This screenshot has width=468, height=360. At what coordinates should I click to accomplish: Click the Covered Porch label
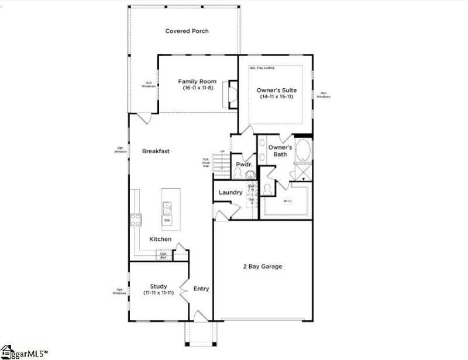pyautogui.click(x=187, y=31)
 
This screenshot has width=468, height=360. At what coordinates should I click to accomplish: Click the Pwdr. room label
pyautogui.click(x=243, y=165)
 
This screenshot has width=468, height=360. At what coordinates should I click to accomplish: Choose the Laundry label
pyautogui.click(x=230, y=192)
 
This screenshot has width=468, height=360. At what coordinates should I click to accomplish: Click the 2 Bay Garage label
pyautogui.click(x=263, y=266)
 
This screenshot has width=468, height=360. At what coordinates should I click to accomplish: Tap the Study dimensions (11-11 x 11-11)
pyautogui.click(x=159, y=293)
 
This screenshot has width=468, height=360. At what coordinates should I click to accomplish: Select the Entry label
pyautogui.click(x=201, y=289)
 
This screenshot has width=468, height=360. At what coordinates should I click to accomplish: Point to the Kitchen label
pyautogui.click(x=160, y=239)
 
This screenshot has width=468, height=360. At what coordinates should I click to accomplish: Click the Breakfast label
pyautogui.click(x=156, y=151)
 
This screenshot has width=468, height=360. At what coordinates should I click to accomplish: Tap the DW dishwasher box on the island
pyautogui.click(x=167, y=220)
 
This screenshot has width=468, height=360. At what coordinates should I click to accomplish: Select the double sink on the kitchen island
pyautogui.click(x=167, y=207)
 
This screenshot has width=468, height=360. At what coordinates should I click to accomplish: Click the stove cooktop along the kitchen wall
pyautogui.click(x=135, y=220)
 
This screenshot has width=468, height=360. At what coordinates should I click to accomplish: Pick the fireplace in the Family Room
pyautogui.click(x=232, y=93)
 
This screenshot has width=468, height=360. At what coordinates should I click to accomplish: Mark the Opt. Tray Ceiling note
pyautogui.click(x=261, y=68)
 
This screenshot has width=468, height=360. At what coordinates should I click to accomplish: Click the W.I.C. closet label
pyautogui.click(x=288, y=202)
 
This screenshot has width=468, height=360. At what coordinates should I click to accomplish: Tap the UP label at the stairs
pyautogui.click(x=222, y=152)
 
